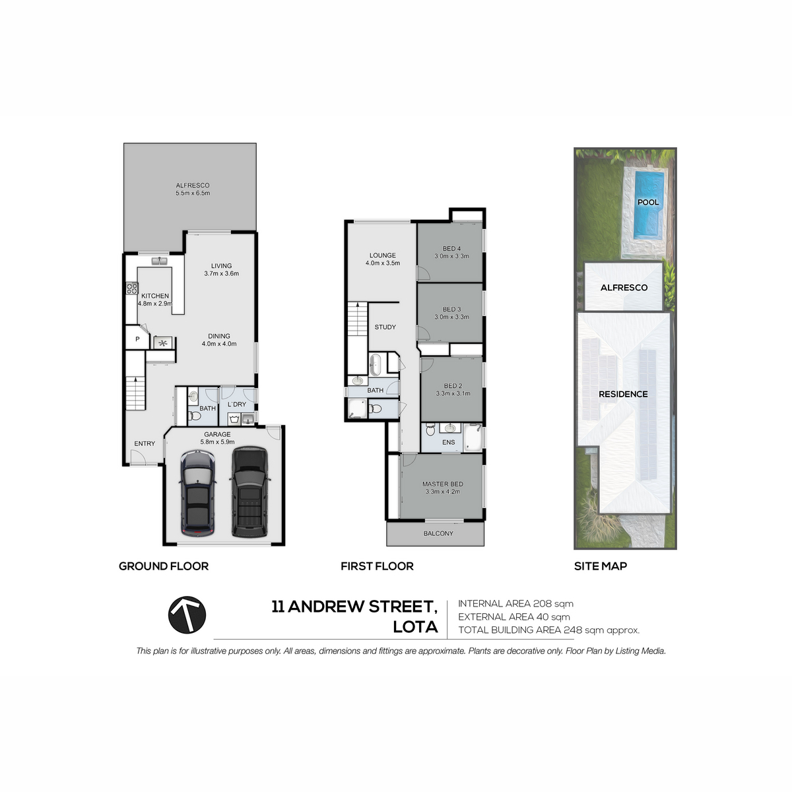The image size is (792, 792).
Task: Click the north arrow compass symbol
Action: (187, 615)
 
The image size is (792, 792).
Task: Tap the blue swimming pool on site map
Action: (649, 205)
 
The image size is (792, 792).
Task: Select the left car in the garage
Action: (197, 493)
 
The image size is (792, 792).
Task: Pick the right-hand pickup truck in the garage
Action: (249, 492)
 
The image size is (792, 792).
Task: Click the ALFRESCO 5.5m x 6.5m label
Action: (193, 189)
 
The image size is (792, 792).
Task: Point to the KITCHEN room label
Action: (155, 296)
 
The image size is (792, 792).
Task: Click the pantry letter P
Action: (137, 339)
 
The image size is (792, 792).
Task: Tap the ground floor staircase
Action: (136, 393)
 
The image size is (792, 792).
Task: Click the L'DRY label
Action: (237, 404)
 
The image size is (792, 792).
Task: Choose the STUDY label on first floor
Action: (385, 327)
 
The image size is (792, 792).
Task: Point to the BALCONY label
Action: (438, 533)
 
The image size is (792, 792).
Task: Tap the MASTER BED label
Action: (443, 484)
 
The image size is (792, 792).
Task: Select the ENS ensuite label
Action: (448, 442)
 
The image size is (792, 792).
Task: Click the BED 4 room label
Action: (451, 249)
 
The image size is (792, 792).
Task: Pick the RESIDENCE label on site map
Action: (623, 394)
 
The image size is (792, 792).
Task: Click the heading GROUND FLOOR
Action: (164, 566)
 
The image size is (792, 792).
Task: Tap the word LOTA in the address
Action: (415, 627)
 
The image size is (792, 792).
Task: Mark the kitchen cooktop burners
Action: (132, 288)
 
